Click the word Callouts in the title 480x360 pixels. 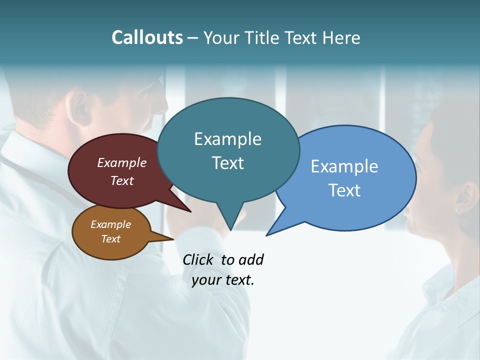click(x=147, y=37)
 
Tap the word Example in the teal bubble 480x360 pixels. click(x=227, y=139)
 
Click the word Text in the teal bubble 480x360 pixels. click(x=227, y=163)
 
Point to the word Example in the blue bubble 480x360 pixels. click(x=344, y=166)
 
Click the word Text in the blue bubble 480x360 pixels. click(x=344, y=190)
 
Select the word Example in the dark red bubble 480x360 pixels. click(x=121, y=162)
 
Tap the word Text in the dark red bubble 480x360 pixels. click(x=122, y=180)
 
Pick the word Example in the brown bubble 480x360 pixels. click(x=110, y=224)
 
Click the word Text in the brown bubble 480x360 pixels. click(x=110, y=239)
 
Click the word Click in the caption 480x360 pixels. click(x=197, y=259)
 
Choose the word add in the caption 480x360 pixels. click(x=251, y=259)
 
